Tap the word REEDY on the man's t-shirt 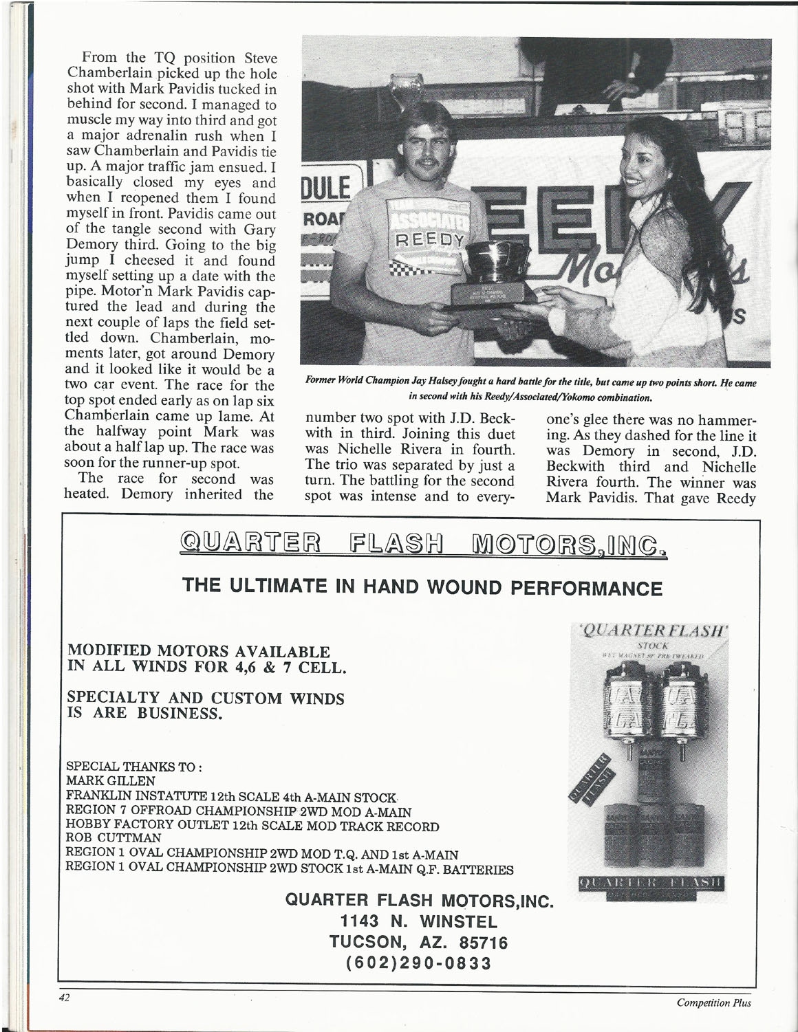(x=431, y=241)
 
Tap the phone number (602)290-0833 (x=420, y=962)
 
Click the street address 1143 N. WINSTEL (x=420, y=921)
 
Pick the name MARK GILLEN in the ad (x=110, y=781)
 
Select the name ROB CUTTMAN (x=113, y=838)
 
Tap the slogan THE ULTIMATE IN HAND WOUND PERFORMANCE (x=422, y=589)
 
